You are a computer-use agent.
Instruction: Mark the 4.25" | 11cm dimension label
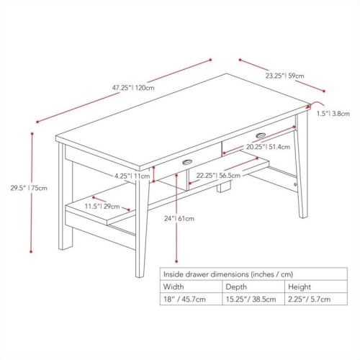tap(132, 176)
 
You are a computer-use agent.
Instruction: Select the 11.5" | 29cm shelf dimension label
tap(101, 207)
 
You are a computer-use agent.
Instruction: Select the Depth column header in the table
tap(233, 287)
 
